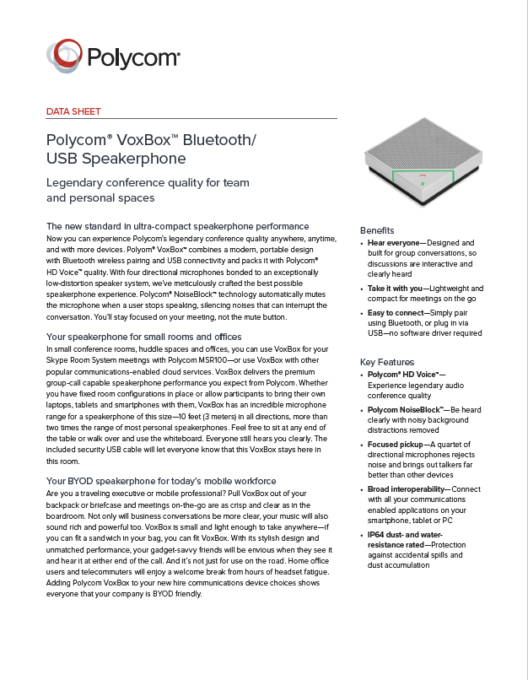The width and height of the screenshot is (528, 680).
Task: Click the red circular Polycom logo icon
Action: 65,56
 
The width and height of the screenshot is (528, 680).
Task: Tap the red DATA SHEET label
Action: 73,111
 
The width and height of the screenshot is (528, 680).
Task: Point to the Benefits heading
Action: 377,230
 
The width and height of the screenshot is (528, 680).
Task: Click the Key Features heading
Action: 386,361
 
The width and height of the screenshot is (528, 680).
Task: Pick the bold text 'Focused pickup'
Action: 395,444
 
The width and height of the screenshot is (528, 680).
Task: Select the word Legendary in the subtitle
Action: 79,182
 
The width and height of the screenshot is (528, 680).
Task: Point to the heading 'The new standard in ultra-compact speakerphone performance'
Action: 177,226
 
